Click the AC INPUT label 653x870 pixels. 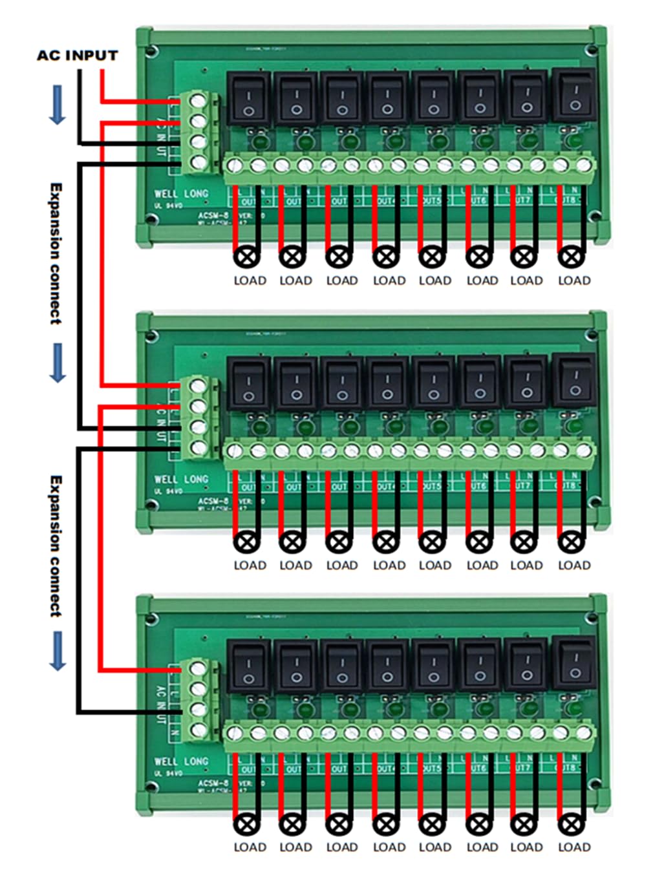77,55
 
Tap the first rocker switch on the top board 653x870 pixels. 249,99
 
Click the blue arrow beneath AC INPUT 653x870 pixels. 58,104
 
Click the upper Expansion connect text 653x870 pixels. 56,253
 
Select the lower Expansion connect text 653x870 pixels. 56,546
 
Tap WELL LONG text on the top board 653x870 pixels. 181,193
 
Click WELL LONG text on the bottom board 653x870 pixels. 181,761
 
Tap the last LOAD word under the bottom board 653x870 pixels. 574,847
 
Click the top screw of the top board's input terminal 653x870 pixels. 199,101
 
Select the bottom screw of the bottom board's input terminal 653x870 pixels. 199,730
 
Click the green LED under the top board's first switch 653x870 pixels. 259,141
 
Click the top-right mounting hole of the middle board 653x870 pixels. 590,334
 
